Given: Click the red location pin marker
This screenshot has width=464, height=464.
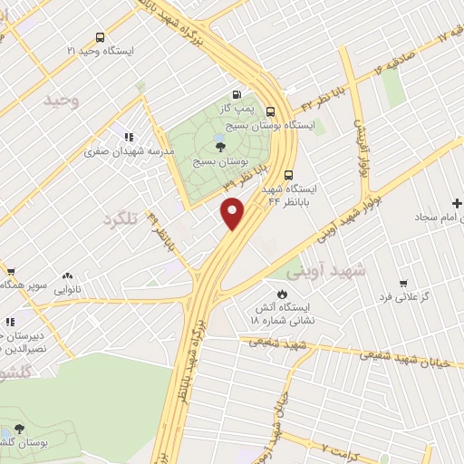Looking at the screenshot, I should point(233,212).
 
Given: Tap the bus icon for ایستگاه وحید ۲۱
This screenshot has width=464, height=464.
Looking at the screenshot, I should point(99,38).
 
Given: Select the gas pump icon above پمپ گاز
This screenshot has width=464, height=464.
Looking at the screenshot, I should point(237,94).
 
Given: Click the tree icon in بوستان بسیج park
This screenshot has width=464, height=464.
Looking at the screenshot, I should point(220,147).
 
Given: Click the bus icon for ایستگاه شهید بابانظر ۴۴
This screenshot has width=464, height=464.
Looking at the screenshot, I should point(288,175).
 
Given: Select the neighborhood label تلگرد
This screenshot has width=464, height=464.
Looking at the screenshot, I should point(124,219).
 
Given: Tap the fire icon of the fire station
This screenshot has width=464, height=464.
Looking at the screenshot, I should point(281,294).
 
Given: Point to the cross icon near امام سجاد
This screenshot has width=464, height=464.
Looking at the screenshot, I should point(455,204).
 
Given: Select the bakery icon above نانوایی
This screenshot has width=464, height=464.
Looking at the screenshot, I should point(67,276).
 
